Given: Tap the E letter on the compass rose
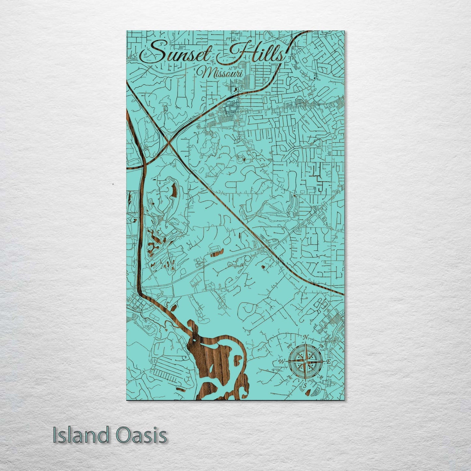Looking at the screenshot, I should (329, 361).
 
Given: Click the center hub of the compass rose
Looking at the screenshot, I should (305, 361).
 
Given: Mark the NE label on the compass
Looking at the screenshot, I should (321, 346).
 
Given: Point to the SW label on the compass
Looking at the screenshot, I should (289, 377).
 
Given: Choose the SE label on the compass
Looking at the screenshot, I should (321, 377).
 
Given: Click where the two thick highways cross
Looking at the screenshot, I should (168, 143).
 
